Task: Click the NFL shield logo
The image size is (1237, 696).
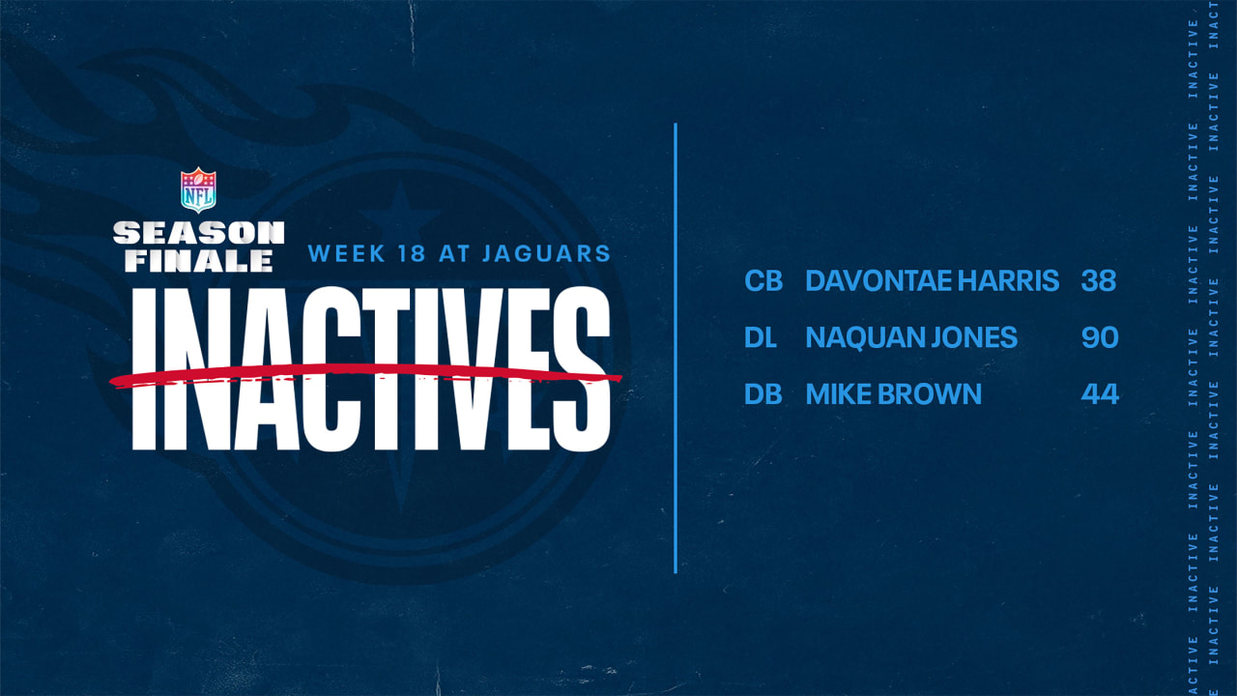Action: click(x=199, y=189)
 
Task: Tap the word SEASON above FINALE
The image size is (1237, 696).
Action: click(x=199, y=233)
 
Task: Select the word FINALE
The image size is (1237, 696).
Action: click(x=192, y=259)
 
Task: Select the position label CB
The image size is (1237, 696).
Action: click(x=762, y=281)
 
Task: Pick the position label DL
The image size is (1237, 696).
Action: click(x=762, y=337)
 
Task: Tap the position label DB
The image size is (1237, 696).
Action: click(x=762, y=393)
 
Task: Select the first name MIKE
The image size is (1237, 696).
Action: click(x=835, y=393)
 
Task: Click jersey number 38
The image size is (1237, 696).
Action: click(x=1100, y=281)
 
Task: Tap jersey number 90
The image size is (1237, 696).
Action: click(x=1100, y=337)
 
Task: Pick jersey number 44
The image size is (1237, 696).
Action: click(x=1100, y=393)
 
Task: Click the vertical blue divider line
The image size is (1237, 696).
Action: click(x=676, y=348)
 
